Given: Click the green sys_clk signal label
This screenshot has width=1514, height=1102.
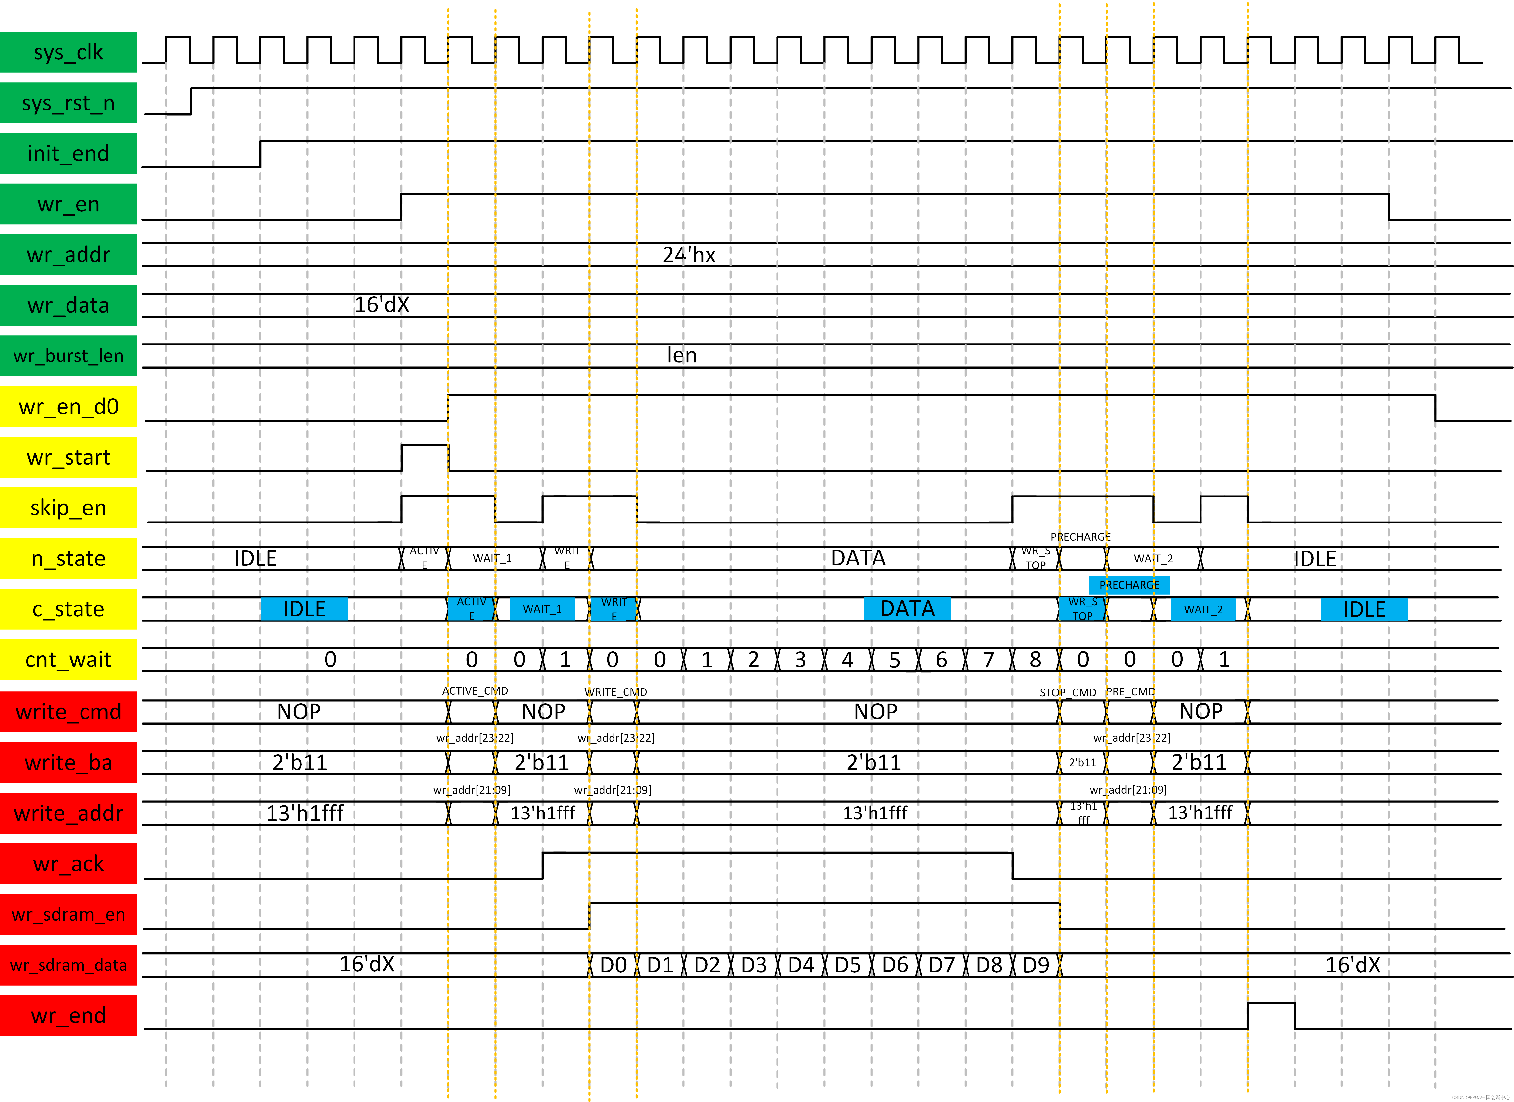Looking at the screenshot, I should pyautogui.click(x=68, y=52).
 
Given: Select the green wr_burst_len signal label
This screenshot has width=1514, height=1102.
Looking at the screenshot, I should pyautogui.click(x=68, y=356).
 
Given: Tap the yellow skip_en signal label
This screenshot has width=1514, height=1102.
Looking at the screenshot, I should pyautogui.click(x=68, y=508).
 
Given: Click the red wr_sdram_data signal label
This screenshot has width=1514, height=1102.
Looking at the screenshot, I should pyautogui.click(x=68, y=964).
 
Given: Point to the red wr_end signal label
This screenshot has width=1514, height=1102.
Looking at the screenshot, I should pyautogui.click(x=68, y=1015).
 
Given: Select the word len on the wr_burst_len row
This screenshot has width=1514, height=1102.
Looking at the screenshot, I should pyautogui.click(x=682, y=355).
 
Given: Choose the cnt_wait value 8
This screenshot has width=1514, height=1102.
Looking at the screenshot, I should pyautogui.click(x=1035, y=660).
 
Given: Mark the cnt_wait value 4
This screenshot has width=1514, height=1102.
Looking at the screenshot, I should pyautogui.click(x=847, y=660).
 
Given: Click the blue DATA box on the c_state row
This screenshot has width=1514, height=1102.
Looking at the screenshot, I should pyautogui.click(x=907, y=609).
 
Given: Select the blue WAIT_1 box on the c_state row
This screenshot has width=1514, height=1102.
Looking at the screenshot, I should pyautogui.click(x=542, y=609).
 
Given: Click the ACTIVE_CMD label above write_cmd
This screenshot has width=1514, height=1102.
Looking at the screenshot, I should pyautogui.click(x=475, y=691).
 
